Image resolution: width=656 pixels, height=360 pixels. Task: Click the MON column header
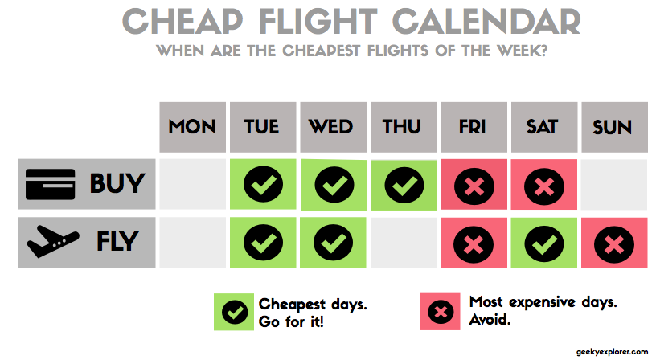pyautogui.click(x=192, y=127)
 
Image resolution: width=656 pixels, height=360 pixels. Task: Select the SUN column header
pyautogui.click(x=613, y=127)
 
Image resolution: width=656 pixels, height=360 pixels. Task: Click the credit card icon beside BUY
pyautogui.click(x=50, y=184)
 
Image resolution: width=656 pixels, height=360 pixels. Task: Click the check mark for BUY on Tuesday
pyautogui.click(x=262, y=186)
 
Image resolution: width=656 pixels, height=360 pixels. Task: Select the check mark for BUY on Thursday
pyautogui.click(x=404, y=186)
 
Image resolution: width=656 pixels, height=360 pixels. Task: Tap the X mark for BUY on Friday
pyautogui.click(x=474, y=186)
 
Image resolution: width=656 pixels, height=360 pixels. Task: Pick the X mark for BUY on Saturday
pyautogui.click(x=543, y=186)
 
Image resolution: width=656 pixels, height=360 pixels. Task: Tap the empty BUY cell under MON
pyautogui.click(x=192, y=186)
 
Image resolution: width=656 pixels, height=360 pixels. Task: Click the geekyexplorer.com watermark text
pyautogui.click(x=611, y=352)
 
